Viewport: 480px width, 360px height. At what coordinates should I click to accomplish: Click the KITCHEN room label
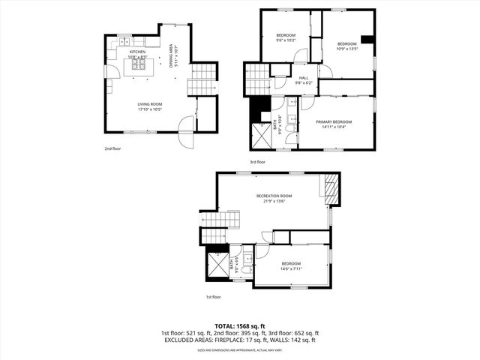[x=136, y=52]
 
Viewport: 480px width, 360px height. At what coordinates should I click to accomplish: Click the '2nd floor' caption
[x=112, y=148]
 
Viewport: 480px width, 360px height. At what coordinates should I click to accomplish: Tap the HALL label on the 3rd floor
[x=304, y=77]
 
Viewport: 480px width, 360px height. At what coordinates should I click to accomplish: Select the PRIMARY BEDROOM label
[x=334, y=121]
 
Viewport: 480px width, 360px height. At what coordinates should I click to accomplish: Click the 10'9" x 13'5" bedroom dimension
[x=346, y=48]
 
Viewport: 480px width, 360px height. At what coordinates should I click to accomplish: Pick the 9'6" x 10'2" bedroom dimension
[x=286, y=40]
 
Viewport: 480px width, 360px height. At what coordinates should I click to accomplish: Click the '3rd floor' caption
[x=258, y=162]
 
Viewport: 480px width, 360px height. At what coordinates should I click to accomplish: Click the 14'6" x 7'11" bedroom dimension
[x=291, y=268]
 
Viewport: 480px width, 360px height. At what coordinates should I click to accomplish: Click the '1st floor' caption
[x=214, y=297]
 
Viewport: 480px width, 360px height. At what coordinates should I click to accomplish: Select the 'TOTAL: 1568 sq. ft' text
[x=239, y=326]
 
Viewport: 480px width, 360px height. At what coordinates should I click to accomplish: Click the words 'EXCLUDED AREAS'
[x=187, y=340]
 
